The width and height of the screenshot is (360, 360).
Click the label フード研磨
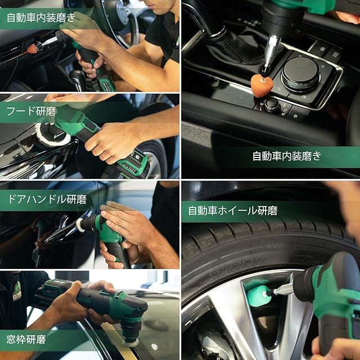tap(31, 111)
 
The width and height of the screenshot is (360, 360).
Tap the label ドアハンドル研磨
tap(47, 199)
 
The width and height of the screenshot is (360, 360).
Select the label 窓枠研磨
tap(26, 339)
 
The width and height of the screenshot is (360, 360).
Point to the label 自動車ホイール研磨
tap(233, 210)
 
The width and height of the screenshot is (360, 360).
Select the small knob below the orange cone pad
tap(272, 105)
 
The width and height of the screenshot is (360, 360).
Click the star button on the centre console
tap(295, 116)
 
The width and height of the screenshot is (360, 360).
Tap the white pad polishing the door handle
tap(79, 224)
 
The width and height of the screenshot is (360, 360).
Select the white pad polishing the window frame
tap(130, 343)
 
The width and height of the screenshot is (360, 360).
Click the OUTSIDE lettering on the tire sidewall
tap(283, 246)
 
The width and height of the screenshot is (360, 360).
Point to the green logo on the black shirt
tap(17, 291)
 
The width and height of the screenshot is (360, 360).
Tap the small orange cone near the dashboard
tap(32, 48)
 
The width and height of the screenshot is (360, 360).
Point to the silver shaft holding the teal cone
tap(281, 289)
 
